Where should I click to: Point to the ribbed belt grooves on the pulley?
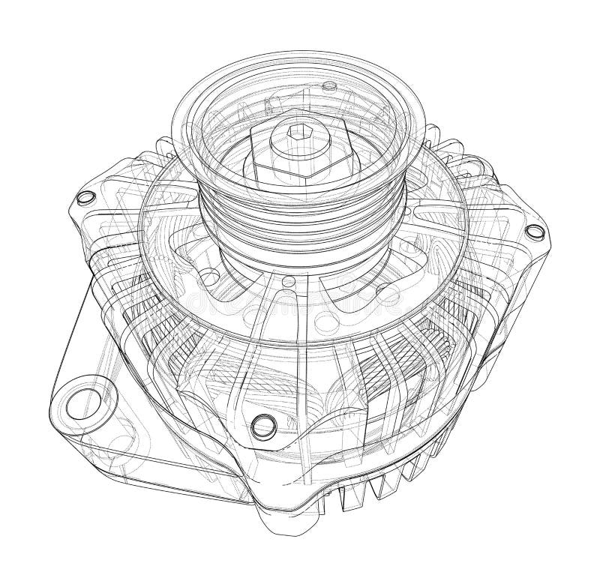click(x=300, y=217)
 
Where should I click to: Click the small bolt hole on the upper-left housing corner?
click(x=86, y=197)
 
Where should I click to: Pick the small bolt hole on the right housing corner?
click(x=535, y=232)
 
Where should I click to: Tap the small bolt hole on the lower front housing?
click(x=263, y=425)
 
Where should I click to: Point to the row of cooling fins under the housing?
click(x=375, y=487)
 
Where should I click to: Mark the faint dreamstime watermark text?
click(x=300, y=300)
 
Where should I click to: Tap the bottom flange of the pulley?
click(x=300, y=259)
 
